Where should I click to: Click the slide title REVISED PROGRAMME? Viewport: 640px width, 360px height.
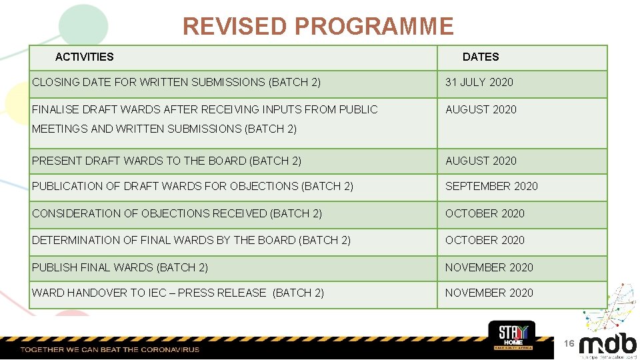coord(318,27)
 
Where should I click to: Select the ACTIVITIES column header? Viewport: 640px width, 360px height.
coord(84,57)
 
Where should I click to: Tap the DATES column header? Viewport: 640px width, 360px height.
coord(480,57)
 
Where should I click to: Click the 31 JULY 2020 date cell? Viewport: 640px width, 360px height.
coord(479,83)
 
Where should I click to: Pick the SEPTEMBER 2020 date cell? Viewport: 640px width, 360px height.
coord(491,187)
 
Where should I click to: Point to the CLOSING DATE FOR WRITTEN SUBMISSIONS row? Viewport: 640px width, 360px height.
coord(176,83)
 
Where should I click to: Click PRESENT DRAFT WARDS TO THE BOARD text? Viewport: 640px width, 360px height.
coord(167,161)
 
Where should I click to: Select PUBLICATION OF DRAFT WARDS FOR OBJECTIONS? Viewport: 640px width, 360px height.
coord(193,187)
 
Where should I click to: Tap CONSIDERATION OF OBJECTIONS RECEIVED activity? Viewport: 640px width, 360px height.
coord(177,214)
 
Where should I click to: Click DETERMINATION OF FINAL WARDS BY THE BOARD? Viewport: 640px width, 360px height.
coord(191,241)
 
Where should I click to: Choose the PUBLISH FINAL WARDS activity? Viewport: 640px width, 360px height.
coord(120,268)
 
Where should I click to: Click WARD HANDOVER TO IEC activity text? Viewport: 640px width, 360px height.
coord(178,293)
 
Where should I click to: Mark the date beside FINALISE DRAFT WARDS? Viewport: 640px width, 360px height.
coord(481,110)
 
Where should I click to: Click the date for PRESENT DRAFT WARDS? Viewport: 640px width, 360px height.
coord(481,161)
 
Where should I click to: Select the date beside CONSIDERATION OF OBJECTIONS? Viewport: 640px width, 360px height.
coord(485,214)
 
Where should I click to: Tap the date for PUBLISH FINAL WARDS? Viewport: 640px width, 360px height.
coord(489,268)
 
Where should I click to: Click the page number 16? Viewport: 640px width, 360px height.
coord(569,343)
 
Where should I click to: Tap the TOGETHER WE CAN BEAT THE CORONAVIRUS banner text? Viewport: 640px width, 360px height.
coord(110,349)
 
